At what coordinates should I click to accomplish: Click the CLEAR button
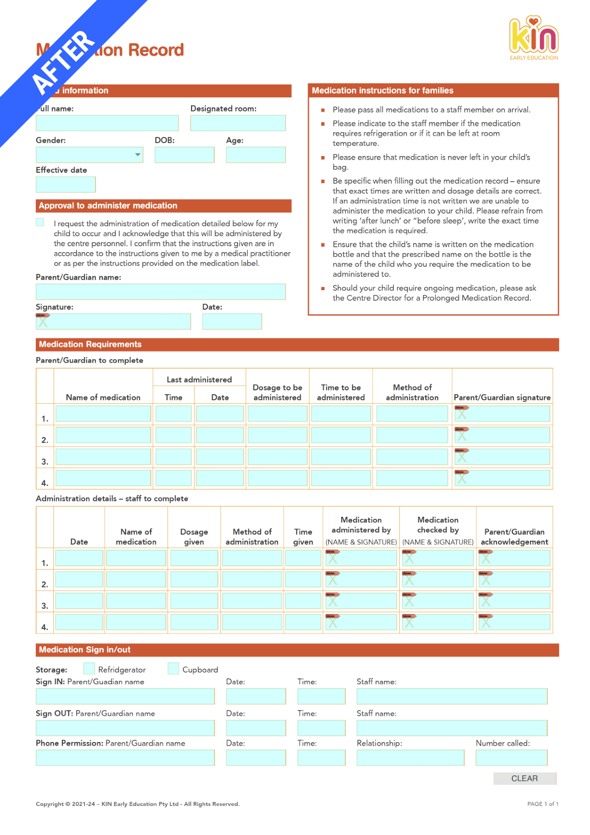pos(524,778)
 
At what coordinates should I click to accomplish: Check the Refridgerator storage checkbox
pos(89,668)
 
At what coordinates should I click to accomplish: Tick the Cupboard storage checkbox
pos(173,668)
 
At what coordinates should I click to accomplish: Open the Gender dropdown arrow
pos(138,155)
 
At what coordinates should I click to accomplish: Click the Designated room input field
pos(238,123)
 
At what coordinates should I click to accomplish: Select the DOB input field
pos(184,155)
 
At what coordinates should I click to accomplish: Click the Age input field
pos(255,155)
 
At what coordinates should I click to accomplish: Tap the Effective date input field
pos(66,185)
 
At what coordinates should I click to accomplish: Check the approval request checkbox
pos(40,222)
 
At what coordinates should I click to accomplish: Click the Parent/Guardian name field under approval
pos(161,292)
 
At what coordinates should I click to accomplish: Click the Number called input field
pos(511,757)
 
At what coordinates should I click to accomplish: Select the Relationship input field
pos(410,757)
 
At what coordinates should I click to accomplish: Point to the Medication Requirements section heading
pos(91,344)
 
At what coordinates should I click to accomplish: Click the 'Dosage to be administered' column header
pos(277,392)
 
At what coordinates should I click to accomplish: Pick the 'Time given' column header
pos(303,536)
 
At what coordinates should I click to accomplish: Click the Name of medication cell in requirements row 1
pos(103,414)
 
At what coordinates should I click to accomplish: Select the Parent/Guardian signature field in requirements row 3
pos(502,457)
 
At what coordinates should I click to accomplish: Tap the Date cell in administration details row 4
pos(79,622)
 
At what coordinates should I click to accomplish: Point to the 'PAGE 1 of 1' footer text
pos(542,804)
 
